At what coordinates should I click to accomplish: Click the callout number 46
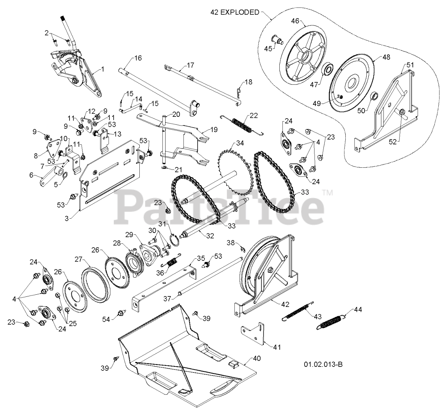click(295, 21)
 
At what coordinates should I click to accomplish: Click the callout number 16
click(138, 58)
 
